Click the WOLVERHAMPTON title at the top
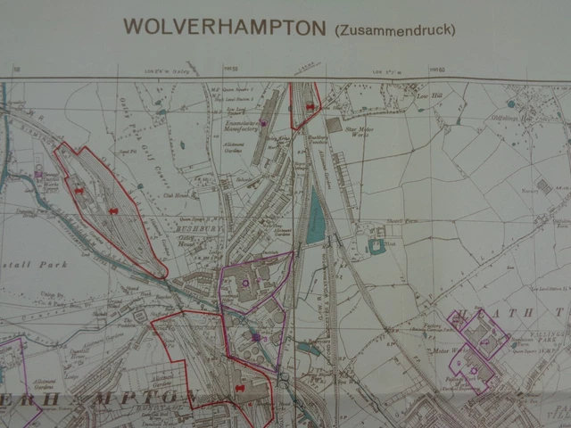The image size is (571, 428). click(224, 27)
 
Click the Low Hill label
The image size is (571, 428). click(424, 94)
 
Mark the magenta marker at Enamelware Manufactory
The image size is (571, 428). click(263, 122)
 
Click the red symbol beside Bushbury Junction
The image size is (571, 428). click(309, 107)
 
